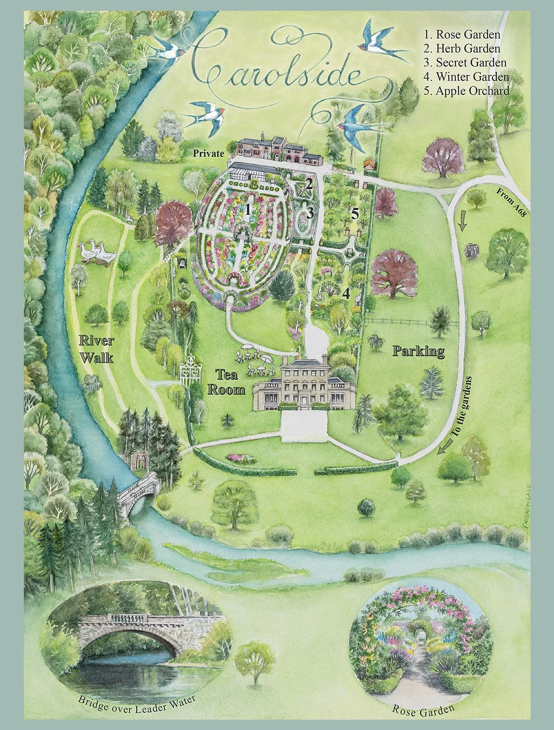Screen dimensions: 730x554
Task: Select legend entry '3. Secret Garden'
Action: point(465,63)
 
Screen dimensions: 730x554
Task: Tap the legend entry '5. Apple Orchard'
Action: point(466,90)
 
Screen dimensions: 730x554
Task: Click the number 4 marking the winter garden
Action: point(346,293)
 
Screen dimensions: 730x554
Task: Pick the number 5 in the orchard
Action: point(355,214)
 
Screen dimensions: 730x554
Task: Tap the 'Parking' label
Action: point(419,351)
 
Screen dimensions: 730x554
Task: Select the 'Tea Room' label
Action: point(226,382)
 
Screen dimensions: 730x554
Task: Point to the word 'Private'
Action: point(208,153)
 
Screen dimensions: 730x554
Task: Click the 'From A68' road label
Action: point(512,203)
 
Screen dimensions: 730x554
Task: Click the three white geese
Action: point(97,253)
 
